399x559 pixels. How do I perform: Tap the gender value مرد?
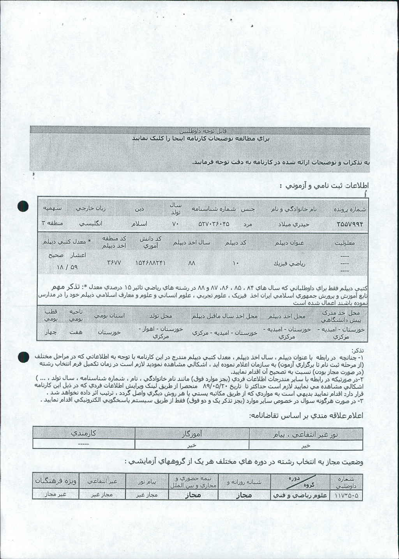tap(248, 225)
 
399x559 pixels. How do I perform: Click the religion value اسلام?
tap(139, 224)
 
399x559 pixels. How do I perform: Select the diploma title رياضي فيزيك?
tap(289, 263)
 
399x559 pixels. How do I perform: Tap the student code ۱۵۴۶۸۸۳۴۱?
tap(150, 263)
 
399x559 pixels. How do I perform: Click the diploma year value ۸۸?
tap(191, 263)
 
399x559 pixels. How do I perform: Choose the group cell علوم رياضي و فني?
tap(299, 496)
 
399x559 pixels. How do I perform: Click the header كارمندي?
tap(83, 433)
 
